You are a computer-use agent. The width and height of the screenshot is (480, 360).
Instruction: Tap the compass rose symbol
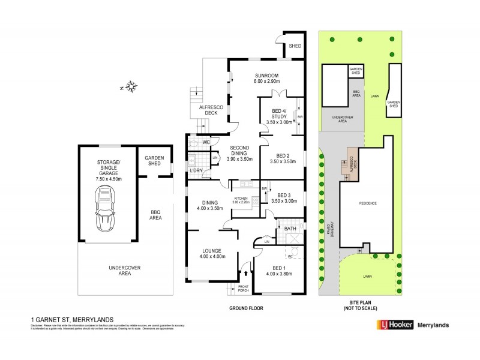131,88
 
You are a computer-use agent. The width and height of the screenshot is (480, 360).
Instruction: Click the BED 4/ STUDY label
278,115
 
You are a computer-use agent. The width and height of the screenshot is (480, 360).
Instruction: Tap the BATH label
290,229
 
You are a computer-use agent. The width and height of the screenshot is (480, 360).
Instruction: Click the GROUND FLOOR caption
246,308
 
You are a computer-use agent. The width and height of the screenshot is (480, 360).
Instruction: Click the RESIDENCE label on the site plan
368,203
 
